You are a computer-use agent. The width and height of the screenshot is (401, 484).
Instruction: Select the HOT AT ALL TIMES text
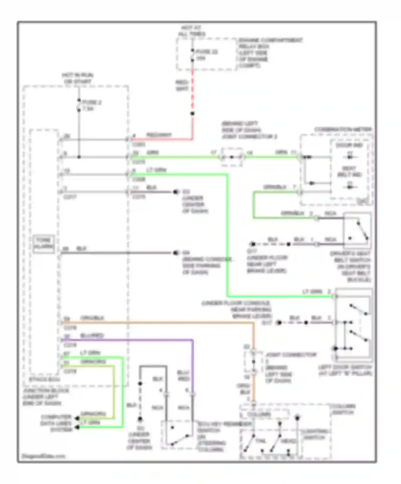click(192, 31)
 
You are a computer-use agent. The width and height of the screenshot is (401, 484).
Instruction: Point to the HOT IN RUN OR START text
click(78, 78)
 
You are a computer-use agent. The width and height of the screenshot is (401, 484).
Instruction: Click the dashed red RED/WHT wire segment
click(192, 91)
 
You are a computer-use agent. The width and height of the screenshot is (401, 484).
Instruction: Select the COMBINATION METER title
click(343, 130)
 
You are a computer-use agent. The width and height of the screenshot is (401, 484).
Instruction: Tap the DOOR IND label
click(349, 145)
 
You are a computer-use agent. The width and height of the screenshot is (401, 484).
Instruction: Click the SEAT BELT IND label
click(349, 172)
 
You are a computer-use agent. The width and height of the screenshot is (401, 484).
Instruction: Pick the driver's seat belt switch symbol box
click(357, 229)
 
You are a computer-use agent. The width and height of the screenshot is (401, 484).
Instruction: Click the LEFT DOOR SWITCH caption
click(345, 370)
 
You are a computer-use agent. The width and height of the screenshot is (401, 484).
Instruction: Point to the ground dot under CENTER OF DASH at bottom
click(140, 419)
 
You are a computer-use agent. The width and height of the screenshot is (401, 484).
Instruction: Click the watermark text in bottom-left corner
click(43, 456)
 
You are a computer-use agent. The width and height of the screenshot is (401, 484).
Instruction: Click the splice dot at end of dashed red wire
click(192, 114)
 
